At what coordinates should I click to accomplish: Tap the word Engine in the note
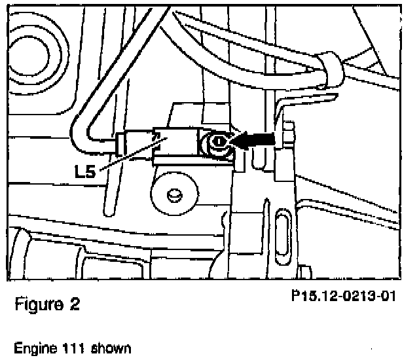[32, 348]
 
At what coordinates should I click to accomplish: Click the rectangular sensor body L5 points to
[175, 142]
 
